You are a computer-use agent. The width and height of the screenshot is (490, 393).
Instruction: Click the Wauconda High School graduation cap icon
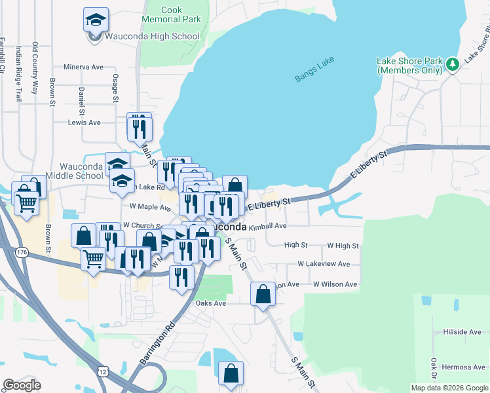pyautogui.click(x=96, y=20)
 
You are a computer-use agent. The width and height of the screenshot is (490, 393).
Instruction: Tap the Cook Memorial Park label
pyautogui.click(x=172, y=14)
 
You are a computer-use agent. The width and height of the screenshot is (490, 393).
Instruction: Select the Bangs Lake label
pyautogui.click(x=314, y=69)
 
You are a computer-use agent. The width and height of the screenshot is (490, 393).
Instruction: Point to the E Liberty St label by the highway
pyautogui.click(x=369, y=163)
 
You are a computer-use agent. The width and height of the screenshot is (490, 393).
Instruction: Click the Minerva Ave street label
pyautogui.click(x=84, y=67)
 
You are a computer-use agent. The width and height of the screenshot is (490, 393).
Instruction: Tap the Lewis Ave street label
pyautogui.click(x=85, y=122)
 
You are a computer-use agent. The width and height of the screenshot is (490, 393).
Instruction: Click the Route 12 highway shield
pyautogui.click(x=104, y=371)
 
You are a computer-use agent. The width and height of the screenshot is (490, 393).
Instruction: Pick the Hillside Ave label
pyautogui.click(x=462, y=332)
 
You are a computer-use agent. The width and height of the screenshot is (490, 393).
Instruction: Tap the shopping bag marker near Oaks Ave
pyautogui.click(x=263, y=294)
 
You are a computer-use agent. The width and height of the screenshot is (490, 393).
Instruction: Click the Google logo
pyautogui.click(x=22, y=385)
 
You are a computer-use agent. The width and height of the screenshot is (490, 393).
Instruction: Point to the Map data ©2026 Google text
pyautogui.click(x=449, y=388)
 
